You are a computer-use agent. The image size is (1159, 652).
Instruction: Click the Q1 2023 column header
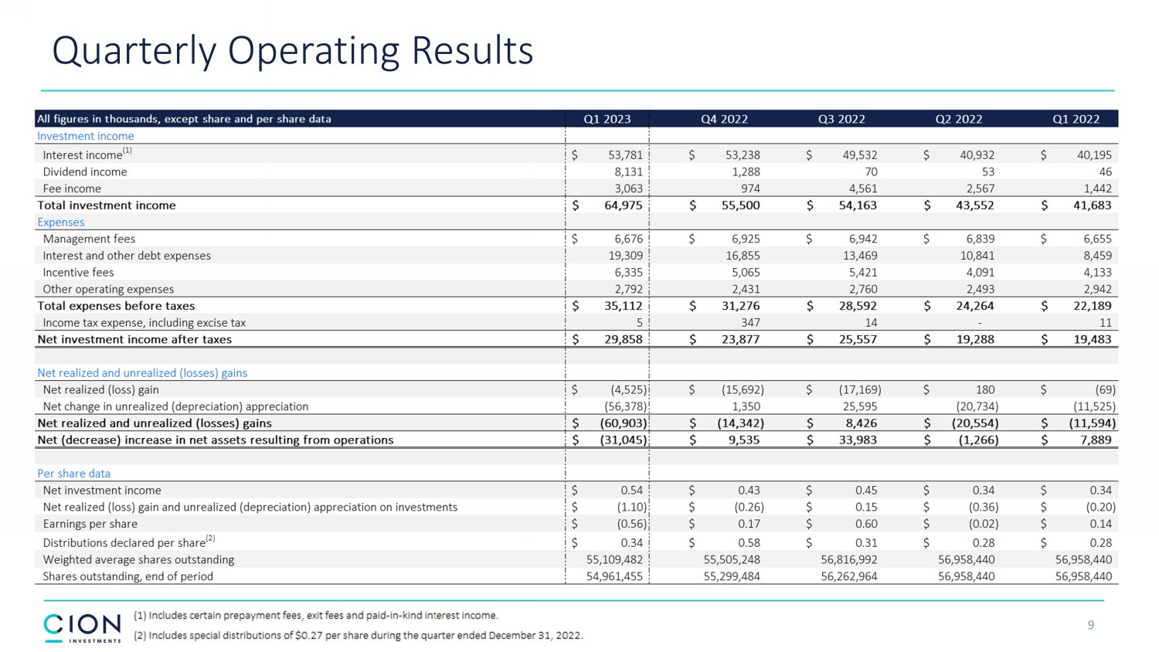[607, 119]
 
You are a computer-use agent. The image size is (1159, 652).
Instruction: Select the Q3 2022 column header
[841, 119]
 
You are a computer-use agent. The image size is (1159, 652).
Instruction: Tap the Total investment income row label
[107, 205]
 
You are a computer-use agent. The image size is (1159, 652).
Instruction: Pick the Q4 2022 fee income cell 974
[749, 188]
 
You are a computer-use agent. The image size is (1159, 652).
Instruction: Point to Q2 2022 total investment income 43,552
[974, 205]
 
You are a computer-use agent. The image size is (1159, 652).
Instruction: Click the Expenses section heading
[61, 222]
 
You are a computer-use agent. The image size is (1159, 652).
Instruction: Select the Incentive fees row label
[78, 273]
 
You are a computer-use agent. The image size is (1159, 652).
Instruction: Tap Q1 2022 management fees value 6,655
[1096, 239]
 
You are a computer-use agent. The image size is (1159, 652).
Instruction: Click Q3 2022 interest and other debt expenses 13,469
[859, 256]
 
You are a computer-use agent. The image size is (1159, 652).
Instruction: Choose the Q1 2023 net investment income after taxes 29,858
[623, 340]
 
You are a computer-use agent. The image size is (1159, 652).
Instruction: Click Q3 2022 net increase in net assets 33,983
[858, 440]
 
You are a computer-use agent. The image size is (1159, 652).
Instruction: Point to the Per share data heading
[74, 474]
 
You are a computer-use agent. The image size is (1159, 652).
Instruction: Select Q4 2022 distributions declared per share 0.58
[748, 543]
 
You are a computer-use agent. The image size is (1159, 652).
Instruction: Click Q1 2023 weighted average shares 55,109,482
[614, 560]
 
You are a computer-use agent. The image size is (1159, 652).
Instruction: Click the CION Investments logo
[83, 627]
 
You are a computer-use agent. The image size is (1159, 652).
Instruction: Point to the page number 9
[1090, 625]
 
